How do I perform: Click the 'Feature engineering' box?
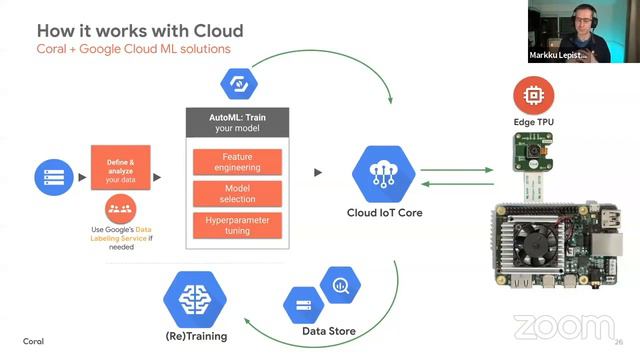237,162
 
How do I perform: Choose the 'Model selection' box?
237,193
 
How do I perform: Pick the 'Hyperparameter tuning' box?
237,225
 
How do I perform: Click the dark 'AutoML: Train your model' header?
238,123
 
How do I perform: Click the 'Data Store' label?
328,331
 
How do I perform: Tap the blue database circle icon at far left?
50,176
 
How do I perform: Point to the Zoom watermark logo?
563,327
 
